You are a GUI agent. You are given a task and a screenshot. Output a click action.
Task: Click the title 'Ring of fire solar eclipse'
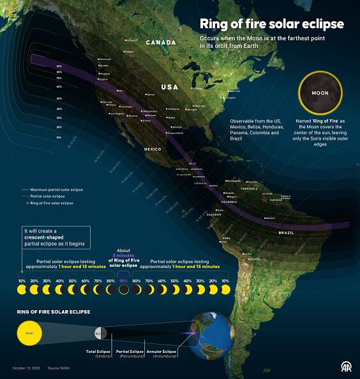coord(272,24)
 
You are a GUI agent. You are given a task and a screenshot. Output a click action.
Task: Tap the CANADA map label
coord(161,42)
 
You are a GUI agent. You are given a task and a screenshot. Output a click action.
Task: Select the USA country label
coord(170,87)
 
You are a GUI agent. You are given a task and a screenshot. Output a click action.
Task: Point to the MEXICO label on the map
coord(153,149)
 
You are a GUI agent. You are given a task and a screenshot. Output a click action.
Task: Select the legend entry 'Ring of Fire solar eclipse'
coord(50,203)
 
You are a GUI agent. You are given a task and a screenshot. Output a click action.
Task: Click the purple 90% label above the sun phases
coord(124,281)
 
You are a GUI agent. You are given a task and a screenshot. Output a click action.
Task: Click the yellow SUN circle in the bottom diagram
coord(29,333)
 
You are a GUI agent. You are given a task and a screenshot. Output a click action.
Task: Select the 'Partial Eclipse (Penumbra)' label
coord(130,353)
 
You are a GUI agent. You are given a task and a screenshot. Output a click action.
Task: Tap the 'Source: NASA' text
coord(58,368)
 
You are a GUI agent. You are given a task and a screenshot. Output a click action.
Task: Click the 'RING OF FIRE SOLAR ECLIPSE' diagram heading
coord(53,311)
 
